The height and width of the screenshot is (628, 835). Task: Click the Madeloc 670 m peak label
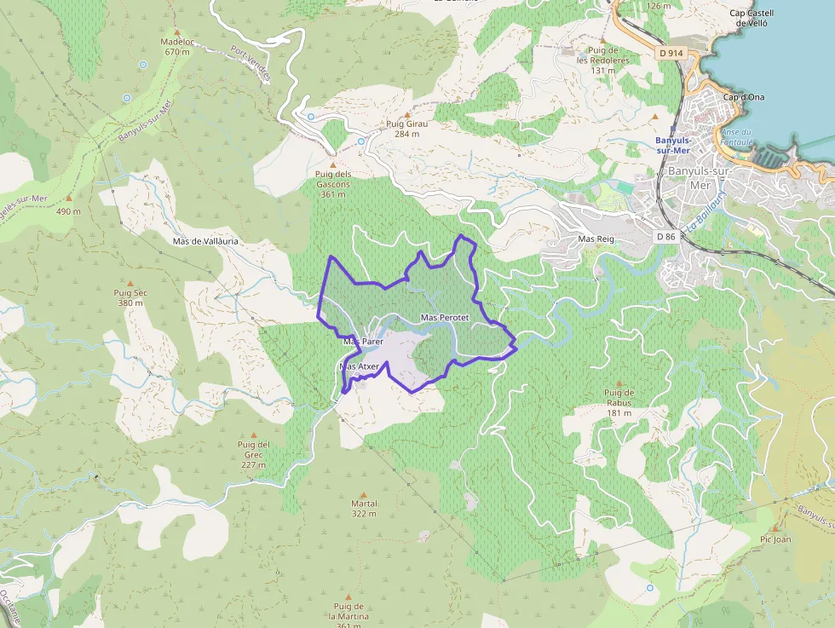point(176,46)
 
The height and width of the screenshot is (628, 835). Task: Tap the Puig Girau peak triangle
point(407,114)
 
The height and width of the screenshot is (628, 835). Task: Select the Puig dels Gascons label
point(332,183)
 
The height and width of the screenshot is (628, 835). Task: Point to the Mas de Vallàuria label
point(205,241)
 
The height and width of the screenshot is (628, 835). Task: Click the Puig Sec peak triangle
point(130,283)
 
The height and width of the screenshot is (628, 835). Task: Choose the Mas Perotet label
point(446,317)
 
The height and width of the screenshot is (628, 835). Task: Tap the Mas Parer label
point(364,341)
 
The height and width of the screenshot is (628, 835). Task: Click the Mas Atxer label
point(359,366)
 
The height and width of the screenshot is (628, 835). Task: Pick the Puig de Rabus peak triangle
point(619,384)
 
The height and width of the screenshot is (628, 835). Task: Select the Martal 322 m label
point(364,508)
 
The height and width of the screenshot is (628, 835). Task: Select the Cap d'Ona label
point(744,97)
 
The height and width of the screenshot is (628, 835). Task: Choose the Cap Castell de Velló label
point(751,18)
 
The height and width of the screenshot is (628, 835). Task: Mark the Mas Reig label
point(596,239)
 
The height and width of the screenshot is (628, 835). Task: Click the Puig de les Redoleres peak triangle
point(602,40)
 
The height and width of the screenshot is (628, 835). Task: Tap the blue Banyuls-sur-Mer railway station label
point(674,145)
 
